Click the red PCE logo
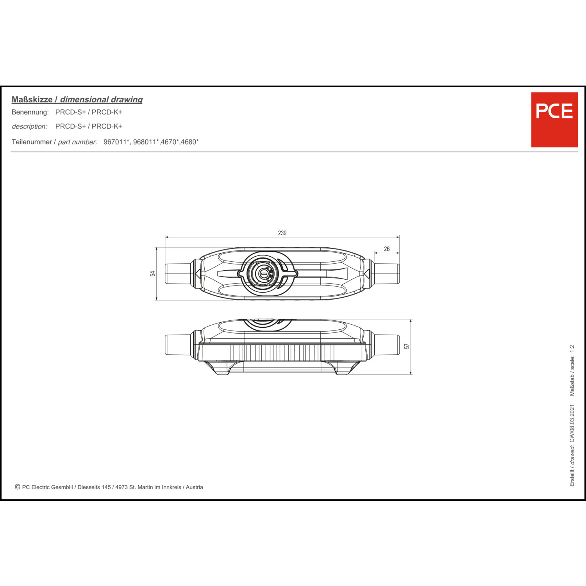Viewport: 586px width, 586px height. pos(554,120)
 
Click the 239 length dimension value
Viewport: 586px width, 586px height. pos(282,233)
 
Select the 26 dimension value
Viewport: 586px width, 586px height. pos(387,249)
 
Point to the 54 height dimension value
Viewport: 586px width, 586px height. pos(153,273)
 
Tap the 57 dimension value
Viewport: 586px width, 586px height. pos(407,346)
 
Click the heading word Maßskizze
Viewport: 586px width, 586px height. pos(32,100)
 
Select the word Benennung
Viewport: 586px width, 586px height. pos(30,112)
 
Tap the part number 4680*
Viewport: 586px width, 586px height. pos(189,142)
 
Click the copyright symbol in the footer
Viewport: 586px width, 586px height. pos(18,487)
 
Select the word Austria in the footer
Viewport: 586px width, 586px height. pos(195,487)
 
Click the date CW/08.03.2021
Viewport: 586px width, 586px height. pos(572,423)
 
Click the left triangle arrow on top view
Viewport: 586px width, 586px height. pos(198,274)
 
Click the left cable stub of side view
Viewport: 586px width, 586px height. pos(178,345)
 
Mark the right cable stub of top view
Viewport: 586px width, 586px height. pos(386,274)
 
